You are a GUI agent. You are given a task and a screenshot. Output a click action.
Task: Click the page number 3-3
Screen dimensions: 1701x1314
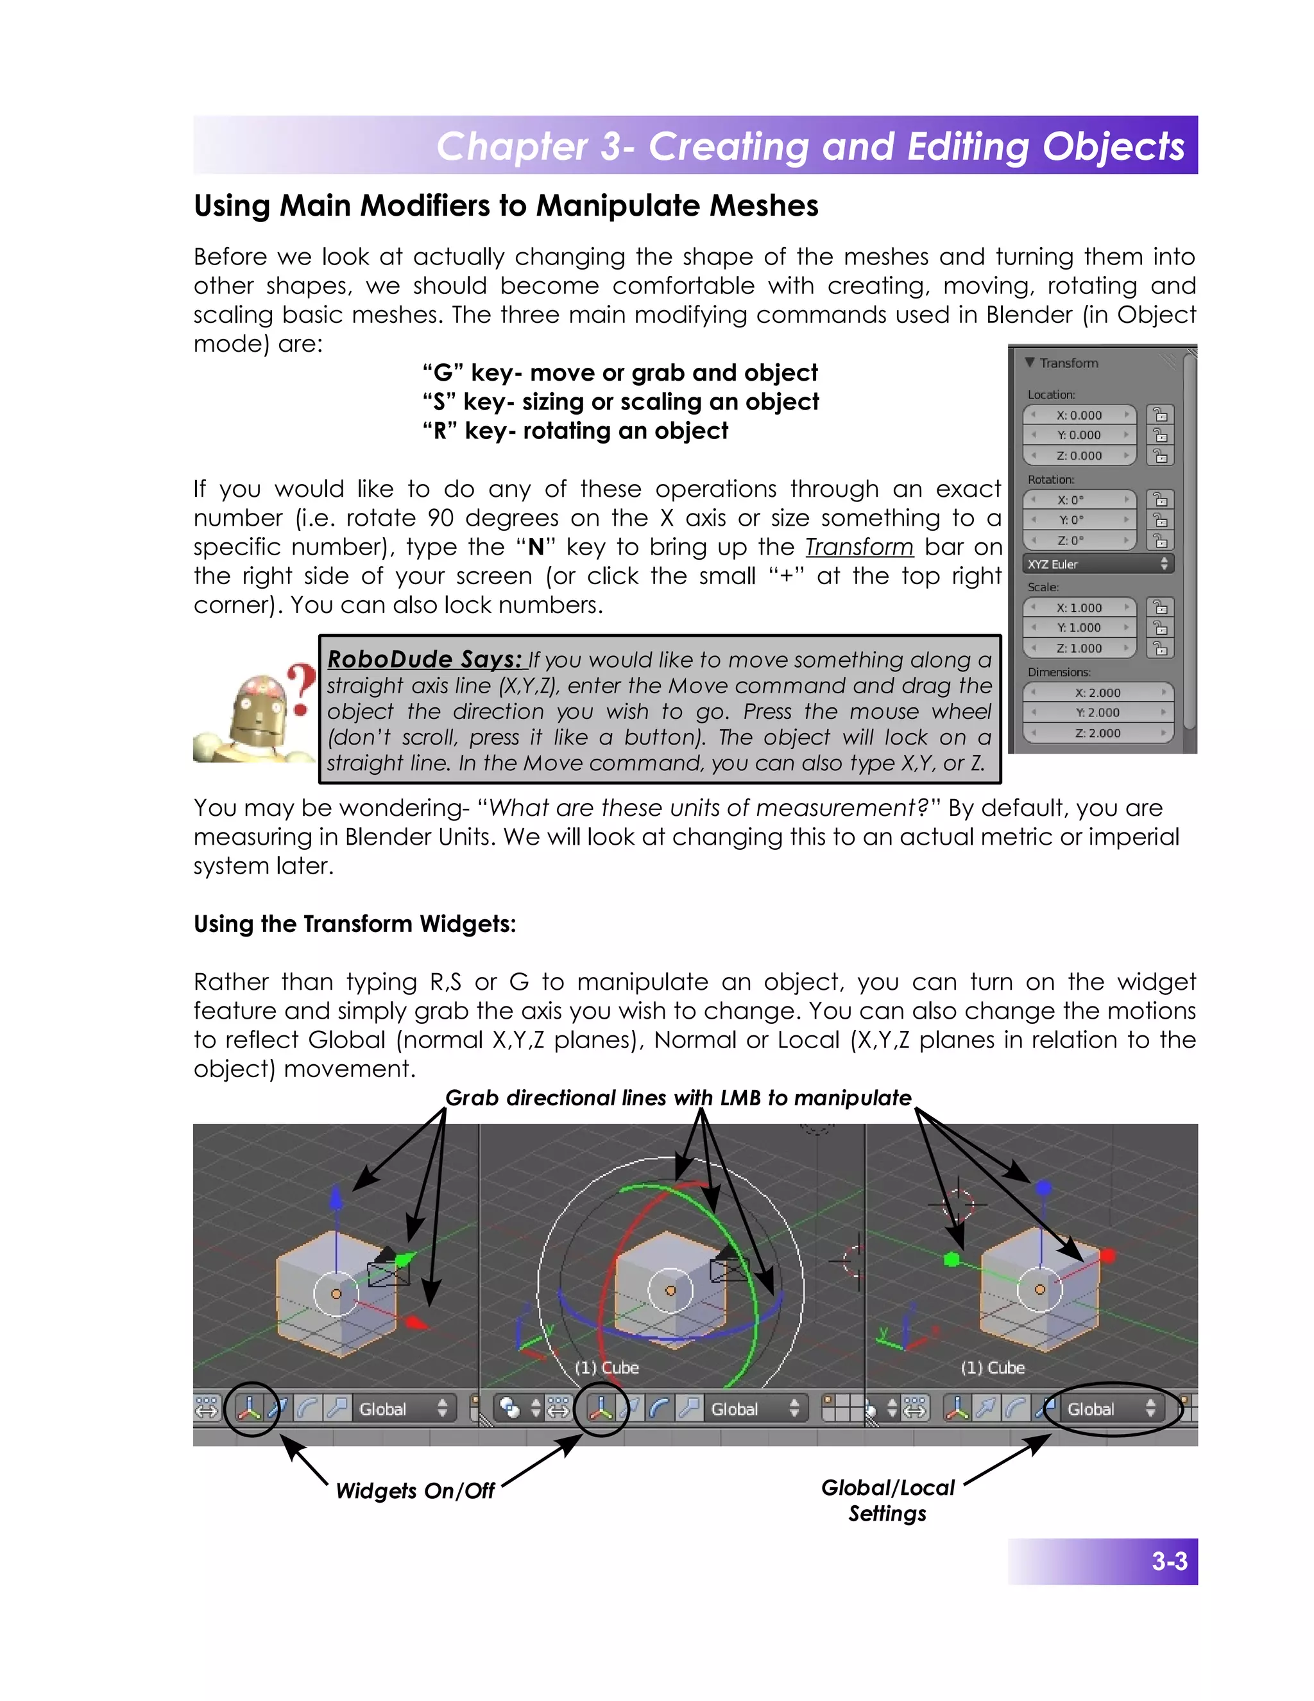coord(1169,1562)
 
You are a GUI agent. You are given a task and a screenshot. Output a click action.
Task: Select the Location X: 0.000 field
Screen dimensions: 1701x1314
coord(1079,415)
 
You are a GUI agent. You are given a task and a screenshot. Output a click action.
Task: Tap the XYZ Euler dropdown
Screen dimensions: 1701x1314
coord(1098,564)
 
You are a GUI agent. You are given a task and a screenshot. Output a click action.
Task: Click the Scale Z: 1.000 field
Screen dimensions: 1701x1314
coord(1079,648)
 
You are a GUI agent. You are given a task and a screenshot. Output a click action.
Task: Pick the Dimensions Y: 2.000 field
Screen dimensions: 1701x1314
coord(1098,712)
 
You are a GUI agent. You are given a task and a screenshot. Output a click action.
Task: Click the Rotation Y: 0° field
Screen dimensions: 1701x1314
coord(1079,519)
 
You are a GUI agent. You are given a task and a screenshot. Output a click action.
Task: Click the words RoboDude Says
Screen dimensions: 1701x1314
coord(424,660)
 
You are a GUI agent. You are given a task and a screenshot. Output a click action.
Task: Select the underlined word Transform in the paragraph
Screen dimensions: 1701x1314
coord(858,547)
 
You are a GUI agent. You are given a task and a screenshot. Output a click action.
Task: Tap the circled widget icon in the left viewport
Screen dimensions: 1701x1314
coord(250,1408)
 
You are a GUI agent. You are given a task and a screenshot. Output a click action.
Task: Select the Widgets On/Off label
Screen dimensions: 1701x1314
coord(415,1490)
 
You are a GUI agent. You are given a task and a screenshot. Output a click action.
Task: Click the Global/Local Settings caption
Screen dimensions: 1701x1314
coord(887,1500)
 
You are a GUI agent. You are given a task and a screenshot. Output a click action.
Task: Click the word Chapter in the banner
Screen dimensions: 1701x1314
coord(511,146)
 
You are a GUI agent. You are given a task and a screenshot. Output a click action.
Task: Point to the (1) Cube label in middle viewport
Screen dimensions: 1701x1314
coord(606,1368)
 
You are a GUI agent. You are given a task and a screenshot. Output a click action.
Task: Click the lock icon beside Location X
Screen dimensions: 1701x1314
coord(1160,415)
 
